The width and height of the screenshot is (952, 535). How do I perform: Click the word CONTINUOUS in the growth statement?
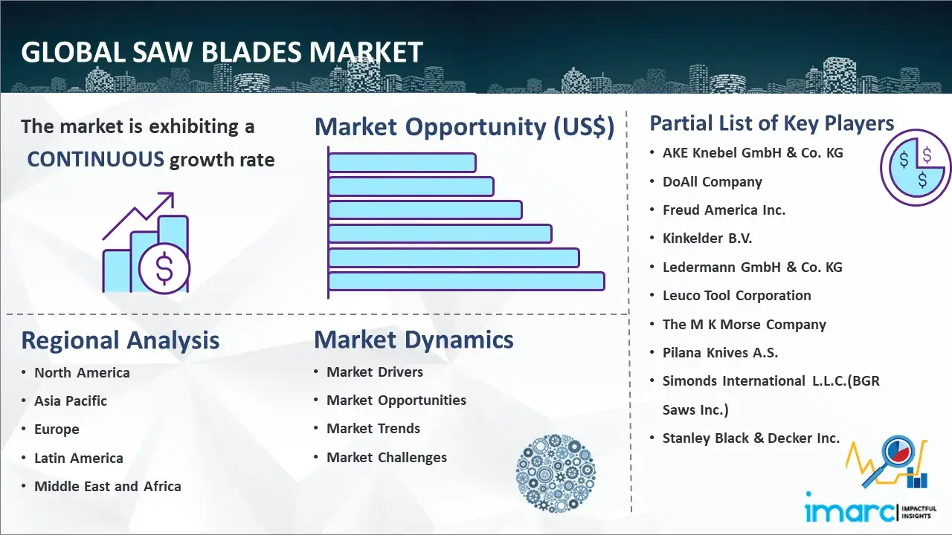96,159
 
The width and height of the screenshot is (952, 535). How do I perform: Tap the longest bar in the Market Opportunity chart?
466,282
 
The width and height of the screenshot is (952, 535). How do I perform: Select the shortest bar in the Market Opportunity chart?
402,163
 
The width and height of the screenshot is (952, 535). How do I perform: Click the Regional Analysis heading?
120,340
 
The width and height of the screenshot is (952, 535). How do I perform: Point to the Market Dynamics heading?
414,340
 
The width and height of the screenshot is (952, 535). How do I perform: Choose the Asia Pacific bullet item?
71,401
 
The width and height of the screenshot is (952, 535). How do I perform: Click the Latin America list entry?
79,458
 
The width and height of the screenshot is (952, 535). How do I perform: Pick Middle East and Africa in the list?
108,486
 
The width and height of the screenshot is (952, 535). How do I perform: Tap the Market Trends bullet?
373,429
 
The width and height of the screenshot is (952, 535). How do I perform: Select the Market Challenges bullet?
387,457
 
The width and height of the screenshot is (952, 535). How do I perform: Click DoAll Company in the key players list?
713,182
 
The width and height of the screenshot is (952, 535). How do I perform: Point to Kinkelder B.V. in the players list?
707,239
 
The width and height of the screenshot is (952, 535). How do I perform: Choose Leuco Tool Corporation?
737,296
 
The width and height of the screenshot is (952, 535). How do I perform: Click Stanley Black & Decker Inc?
751,438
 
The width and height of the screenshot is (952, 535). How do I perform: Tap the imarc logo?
870,508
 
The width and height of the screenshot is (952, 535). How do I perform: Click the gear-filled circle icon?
556,473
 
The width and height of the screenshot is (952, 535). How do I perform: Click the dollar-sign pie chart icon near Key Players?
916,168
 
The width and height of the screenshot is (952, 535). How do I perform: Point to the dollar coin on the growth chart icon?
164,269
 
